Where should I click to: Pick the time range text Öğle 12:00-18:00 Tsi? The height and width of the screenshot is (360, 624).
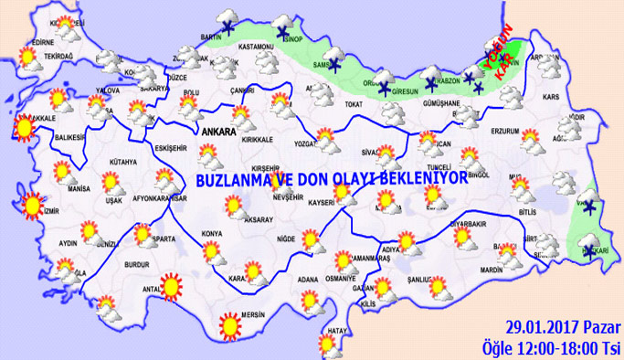[552, 346]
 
